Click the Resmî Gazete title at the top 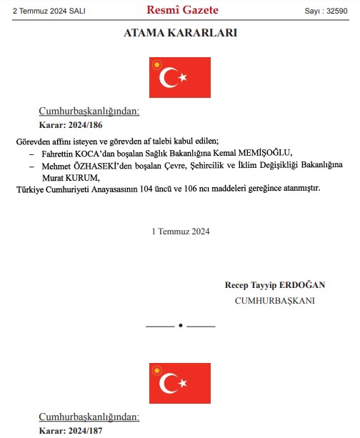182,10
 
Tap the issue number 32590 341,11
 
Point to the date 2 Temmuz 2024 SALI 44,11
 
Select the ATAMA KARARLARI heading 180,33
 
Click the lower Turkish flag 180,383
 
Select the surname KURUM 83,177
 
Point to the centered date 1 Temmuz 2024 181,232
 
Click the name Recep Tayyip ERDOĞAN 275,285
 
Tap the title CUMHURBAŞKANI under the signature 275,300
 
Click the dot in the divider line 181,326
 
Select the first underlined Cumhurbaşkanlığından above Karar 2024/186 89,111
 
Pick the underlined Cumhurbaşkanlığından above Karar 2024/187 89,417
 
